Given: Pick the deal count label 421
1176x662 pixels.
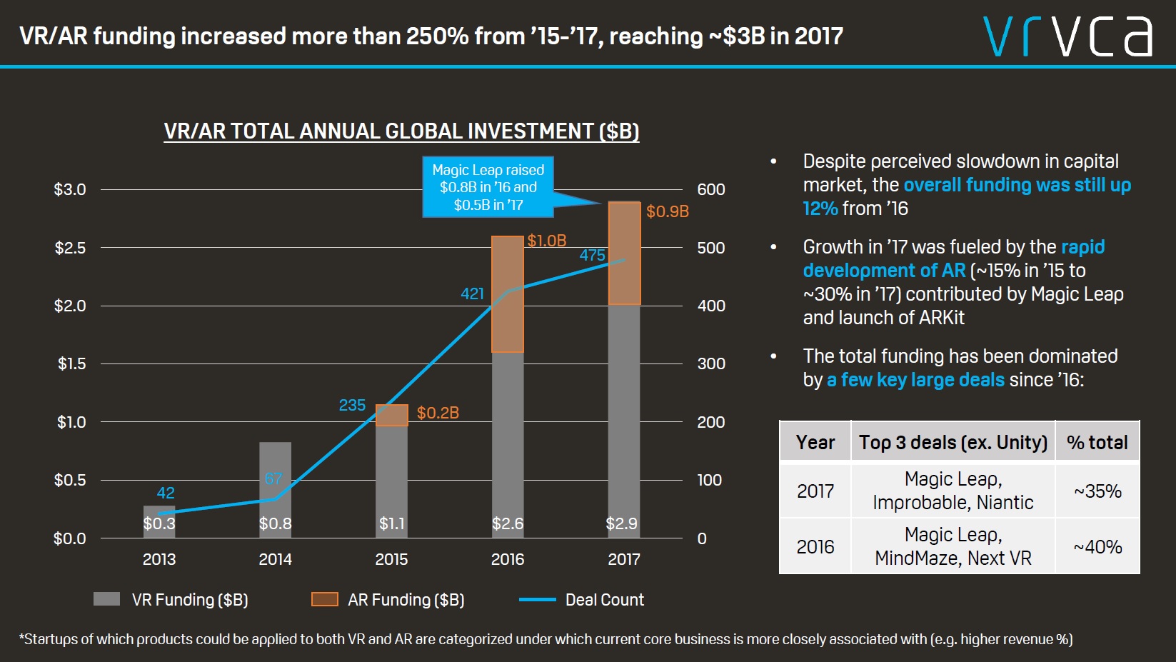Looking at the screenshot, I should [x=472, y=294].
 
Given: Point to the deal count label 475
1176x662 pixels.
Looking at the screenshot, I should [x=592, y=255].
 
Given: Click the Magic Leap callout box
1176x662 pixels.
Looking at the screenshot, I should [x=488, y=187].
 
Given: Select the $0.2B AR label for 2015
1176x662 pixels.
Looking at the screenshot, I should [x=438, y=413].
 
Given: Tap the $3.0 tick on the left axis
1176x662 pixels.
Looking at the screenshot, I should [x=70, y=189].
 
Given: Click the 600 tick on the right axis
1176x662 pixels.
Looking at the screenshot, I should [x=710, y=189].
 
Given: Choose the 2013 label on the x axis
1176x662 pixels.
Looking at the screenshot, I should [x=159, y=559].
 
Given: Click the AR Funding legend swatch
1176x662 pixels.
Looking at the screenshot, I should [x=325, y=599].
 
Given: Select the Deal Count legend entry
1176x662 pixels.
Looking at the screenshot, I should [x=582, y=600].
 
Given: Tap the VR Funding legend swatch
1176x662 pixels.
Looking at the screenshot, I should [x=107, y=599].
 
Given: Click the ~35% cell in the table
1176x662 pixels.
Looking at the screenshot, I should [x=1097, y=491].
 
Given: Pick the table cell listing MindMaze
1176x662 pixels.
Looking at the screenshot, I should [x=953, y=546].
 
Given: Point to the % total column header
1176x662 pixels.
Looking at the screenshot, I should [x=1097, y=442].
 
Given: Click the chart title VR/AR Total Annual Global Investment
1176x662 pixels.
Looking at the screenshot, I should [x=401, y=131].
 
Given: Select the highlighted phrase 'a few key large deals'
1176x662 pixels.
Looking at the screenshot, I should [x=915, y=380].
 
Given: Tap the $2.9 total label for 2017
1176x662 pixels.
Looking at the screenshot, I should [x=621, y=523].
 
